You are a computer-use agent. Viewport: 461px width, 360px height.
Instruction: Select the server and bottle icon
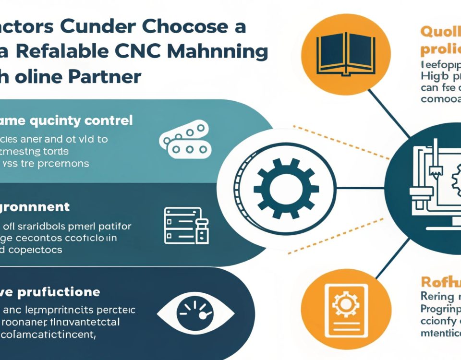point(187,224)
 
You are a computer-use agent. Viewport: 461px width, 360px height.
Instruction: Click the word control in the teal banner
point(105,120)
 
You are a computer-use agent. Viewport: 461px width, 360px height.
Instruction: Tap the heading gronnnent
point(35,207)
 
